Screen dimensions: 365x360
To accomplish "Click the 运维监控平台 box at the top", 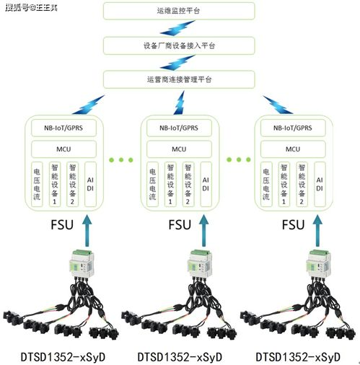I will pos(179,12).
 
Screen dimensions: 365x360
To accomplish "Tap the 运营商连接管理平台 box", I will pos(179,78).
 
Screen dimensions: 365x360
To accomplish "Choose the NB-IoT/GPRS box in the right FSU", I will pos(292,129).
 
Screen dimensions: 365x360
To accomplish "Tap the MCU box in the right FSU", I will pos(292,149).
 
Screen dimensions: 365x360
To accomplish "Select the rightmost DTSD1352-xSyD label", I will pos(298,355).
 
